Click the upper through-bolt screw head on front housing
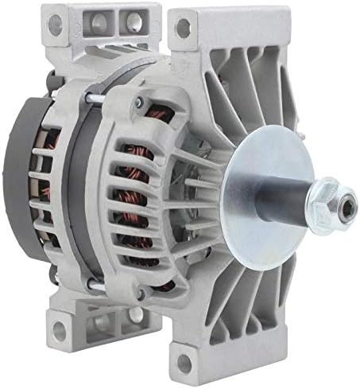click(x=138, y=102)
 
